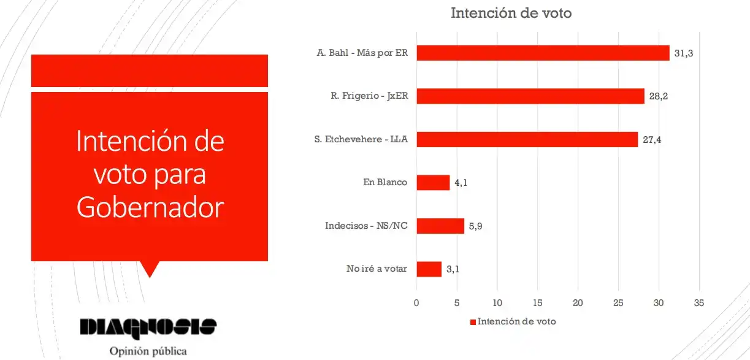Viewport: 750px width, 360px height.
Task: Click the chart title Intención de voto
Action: [511, 13]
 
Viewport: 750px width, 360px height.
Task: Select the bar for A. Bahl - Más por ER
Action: [543, 53]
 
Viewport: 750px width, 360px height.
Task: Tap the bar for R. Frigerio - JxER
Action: [530, 96]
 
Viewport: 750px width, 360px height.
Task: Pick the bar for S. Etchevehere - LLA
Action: [527, 140]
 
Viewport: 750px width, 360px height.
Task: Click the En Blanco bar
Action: [433, 183]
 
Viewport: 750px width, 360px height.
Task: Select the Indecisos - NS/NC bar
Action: [440, 226]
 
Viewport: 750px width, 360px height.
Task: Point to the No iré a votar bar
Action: [429, 269]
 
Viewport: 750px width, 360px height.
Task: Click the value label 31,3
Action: [683, 54]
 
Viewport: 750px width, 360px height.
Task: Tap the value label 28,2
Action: [658, 97]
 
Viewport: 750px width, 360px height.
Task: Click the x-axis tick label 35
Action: [698, 302]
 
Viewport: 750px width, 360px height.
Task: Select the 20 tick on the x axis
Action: [578, 302]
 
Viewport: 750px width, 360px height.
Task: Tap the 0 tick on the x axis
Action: [416, 302]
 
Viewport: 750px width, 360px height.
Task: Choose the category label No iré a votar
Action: [377, 269]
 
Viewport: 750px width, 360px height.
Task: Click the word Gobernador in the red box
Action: [150, 209]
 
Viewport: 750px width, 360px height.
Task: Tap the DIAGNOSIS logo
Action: [148, 326]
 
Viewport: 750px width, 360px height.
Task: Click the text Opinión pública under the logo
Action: [148, 351]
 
